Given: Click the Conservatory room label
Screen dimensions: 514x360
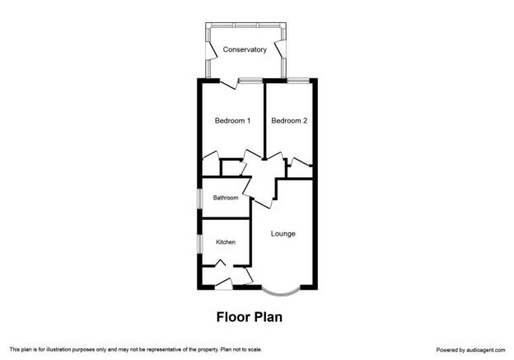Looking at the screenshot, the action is [245, 49].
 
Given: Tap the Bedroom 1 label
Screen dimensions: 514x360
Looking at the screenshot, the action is [232, 120].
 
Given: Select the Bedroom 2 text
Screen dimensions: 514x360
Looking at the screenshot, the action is [289, 120].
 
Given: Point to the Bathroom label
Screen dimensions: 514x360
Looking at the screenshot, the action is [226, 198].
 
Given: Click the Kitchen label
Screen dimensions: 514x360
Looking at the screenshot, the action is [226, 242].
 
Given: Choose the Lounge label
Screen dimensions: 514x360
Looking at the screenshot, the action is [283, 234].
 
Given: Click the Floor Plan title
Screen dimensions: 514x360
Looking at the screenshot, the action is [249, 317].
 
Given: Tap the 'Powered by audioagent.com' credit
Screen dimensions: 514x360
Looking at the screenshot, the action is [470, 350].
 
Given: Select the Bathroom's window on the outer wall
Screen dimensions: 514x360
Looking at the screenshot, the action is [199, 199].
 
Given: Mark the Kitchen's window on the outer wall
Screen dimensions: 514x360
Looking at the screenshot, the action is [199, 244].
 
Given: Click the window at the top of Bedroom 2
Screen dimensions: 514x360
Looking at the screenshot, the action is [298, 80].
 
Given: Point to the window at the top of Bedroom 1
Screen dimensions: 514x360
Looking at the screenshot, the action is [250, 80].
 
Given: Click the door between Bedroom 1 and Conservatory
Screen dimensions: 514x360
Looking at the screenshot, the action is [228, 84].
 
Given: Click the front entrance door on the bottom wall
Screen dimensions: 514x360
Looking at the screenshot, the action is [223, 284].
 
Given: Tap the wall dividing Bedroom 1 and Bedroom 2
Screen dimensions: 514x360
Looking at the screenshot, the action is [264, 120].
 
